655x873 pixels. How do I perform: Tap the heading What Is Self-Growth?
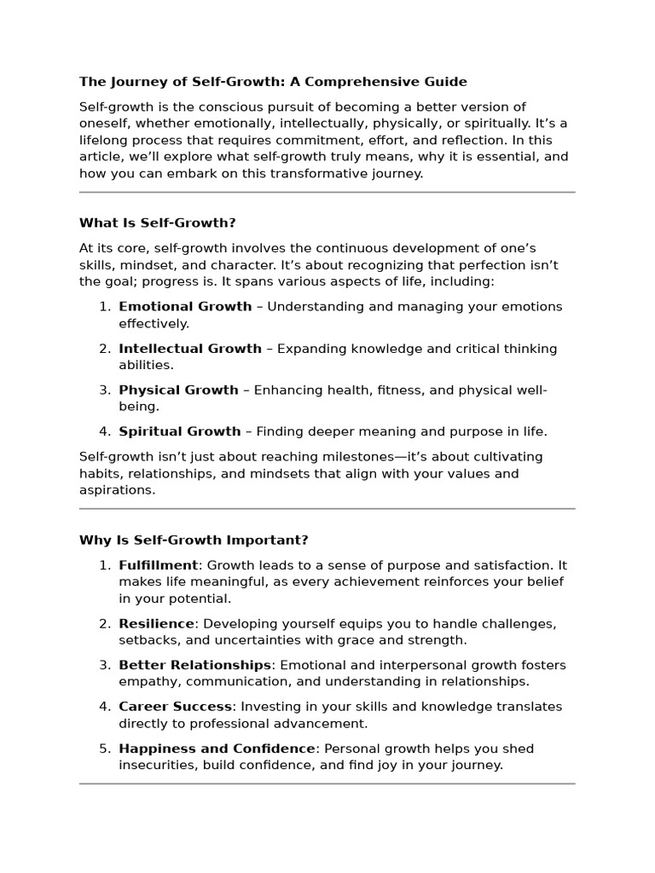157,223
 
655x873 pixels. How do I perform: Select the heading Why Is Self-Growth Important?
194,541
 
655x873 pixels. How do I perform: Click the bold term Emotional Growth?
185,307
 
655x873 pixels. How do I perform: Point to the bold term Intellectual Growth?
190,349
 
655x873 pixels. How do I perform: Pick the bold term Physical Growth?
178,390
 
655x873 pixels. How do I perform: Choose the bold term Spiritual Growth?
180,431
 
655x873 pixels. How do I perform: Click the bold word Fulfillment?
158,565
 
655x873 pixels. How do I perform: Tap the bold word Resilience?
156,624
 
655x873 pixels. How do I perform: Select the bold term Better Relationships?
194,665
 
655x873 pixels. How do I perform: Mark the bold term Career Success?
175,707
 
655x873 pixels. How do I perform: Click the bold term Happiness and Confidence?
217,749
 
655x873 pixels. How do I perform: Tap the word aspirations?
118,490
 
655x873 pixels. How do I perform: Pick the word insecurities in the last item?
157,766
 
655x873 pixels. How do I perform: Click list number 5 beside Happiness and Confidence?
104,749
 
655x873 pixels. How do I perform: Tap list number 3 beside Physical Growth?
104,390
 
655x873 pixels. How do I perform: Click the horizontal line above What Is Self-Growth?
327,193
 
